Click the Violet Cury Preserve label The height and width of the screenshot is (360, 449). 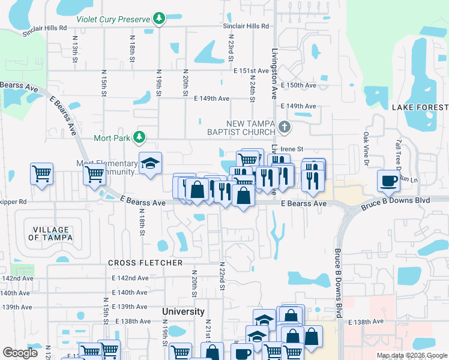[113, 19]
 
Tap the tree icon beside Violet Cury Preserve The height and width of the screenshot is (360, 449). [159, 19]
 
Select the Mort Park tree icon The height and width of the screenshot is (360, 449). [139, 137]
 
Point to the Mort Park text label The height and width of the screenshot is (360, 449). [112, 137]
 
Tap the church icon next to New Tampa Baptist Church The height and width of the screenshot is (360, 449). [285, 127]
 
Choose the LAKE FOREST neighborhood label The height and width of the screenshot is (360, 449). [420, 107]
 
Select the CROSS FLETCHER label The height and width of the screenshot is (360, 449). [145, 263]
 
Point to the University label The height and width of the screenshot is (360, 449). [183, 311]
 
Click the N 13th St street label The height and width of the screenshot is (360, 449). [75, 49]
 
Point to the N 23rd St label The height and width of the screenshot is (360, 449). [231, 47]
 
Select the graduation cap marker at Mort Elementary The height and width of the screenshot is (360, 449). [150, 163]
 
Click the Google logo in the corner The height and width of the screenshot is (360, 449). [21, 353]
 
